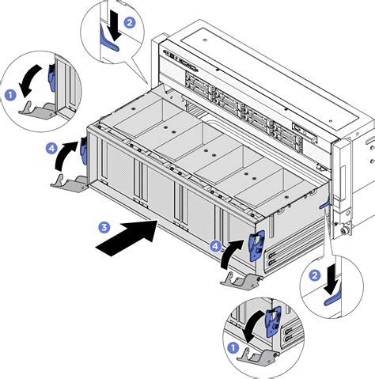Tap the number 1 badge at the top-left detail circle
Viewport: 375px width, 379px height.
[x=11, y=95]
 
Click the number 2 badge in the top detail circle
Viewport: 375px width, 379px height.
[x=131, y=23]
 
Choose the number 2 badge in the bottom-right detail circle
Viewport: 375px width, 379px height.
[x=314, y=275]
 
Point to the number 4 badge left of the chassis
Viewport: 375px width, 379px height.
[x=51, y=147]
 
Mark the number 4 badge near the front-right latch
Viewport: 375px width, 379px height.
[x=215, y=246]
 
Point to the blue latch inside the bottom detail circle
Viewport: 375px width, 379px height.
[x=273, y=322]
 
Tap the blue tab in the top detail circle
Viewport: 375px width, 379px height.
[x=108, y=47]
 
